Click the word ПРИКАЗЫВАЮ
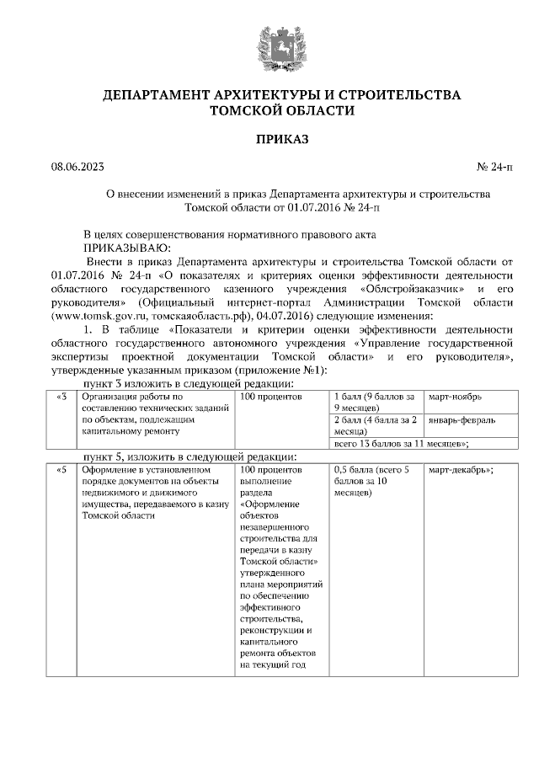(126, 247)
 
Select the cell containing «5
(59, 469)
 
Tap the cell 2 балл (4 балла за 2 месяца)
(376, 424)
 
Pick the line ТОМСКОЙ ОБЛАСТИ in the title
(269, 110)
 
